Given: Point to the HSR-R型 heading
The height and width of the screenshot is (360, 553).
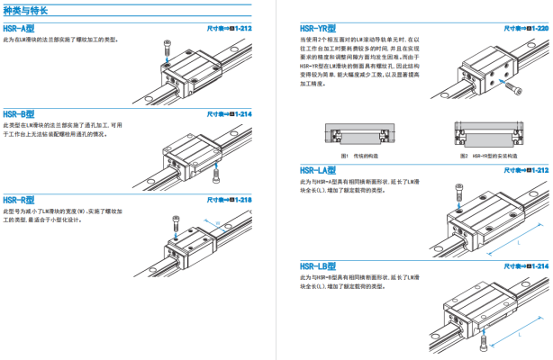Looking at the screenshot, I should [x=19, y=199].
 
